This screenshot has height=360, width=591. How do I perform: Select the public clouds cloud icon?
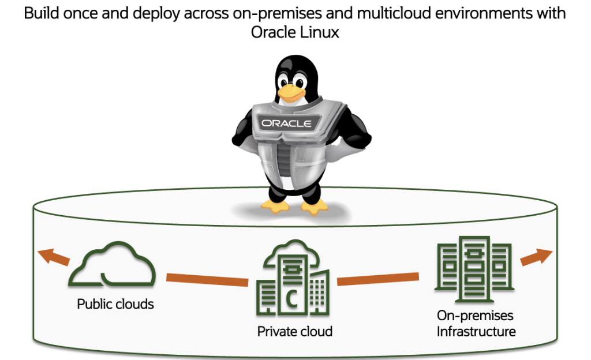tap(112, 267)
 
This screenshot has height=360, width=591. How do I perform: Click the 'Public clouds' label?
tap(115, 303)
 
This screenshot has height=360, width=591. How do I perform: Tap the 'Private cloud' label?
tap(294, 331)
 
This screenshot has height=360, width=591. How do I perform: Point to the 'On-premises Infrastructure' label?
tap(476, 324)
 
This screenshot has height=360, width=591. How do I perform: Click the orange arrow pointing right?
tap(536, 257)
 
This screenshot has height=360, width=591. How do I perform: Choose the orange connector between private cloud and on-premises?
tap(378, 279)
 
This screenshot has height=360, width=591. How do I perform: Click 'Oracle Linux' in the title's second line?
tap(294, 33)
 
